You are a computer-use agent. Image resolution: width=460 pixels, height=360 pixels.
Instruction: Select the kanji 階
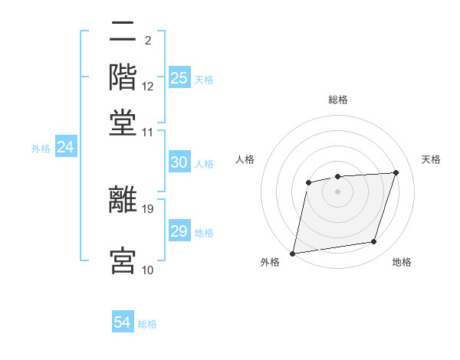123,76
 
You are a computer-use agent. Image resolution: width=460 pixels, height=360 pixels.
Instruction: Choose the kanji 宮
123,260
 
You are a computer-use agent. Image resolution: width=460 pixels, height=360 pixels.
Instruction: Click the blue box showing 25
179,78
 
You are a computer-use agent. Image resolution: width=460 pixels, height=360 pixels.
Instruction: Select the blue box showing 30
179,162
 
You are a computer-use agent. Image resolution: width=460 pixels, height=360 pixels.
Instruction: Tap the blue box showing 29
179,231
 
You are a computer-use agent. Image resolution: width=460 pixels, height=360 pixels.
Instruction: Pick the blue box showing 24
65,147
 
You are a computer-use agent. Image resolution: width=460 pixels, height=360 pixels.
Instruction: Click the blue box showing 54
123,322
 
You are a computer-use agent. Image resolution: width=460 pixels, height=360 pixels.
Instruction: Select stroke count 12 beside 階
148,87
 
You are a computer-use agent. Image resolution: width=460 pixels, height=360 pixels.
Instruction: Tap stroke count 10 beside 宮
148,270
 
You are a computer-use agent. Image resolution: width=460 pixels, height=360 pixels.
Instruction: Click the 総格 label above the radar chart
337,100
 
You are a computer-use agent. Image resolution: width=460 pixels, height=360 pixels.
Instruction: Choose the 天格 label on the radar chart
431,159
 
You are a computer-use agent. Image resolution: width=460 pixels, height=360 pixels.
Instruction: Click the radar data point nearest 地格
374,242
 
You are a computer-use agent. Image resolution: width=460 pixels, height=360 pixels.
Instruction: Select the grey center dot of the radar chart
337,191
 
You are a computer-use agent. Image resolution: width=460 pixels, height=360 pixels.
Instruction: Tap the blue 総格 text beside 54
148,324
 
